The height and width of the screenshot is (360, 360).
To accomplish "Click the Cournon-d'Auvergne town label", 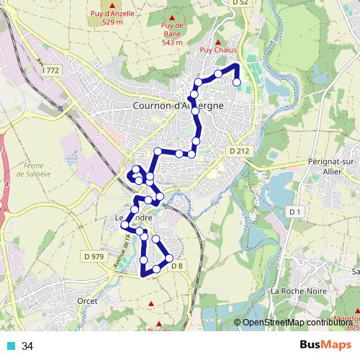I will tap(179, 106).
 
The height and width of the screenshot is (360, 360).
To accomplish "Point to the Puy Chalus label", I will tap(218, 50).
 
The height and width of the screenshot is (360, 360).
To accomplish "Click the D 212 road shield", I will tap(238, 151).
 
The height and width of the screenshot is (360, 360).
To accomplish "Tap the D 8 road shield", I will tap(178, 266).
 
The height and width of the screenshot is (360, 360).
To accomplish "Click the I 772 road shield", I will tap(50, 71).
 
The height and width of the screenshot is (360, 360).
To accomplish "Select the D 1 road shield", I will tap(293, 211).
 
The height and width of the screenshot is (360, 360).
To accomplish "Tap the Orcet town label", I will tap(87, 301).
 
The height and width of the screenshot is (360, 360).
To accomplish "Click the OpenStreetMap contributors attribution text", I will tap(296, 322).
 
